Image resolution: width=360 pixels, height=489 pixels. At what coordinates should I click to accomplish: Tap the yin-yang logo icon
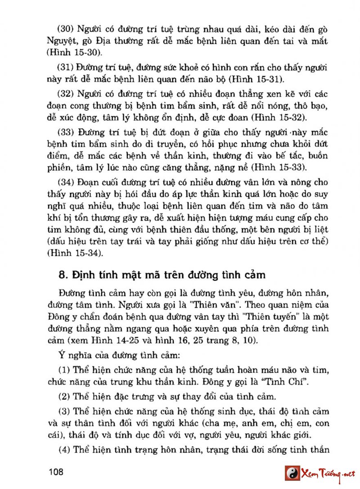[292, 473]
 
